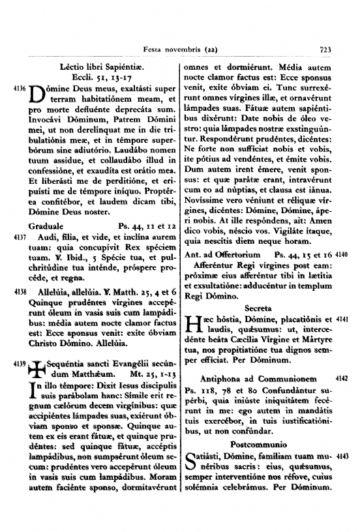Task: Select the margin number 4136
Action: (20, 87)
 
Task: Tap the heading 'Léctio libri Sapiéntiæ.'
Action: (102, 67)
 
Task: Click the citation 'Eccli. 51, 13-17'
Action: (102, 77)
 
